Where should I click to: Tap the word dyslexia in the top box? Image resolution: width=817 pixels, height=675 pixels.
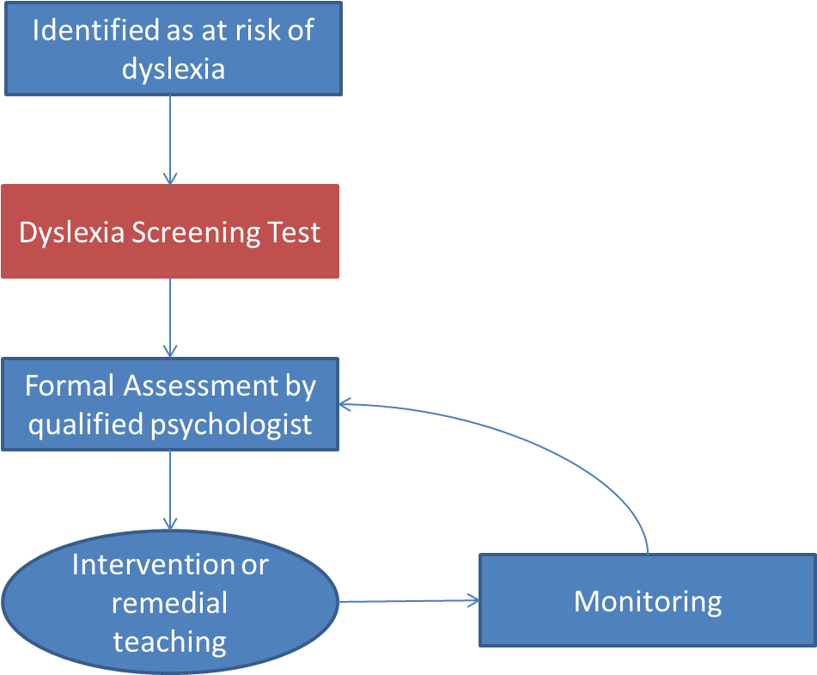[x=173, y=69]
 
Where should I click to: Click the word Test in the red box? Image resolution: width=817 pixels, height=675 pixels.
[x=293, y=232]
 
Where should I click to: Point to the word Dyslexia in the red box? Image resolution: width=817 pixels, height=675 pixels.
[x=72, y=232]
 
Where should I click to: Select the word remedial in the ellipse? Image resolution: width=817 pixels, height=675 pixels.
[x=169, y=603]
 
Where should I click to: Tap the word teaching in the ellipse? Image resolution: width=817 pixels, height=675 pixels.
[x=169, y=641]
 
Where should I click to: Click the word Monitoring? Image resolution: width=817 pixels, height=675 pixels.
[x=647, y=600]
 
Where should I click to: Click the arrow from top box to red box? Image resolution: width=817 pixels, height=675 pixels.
[x=170, y=138]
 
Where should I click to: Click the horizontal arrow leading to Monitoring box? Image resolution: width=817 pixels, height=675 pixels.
[x=408, y=601]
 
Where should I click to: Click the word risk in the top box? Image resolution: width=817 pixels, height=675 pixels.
[x=260, y=30]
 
